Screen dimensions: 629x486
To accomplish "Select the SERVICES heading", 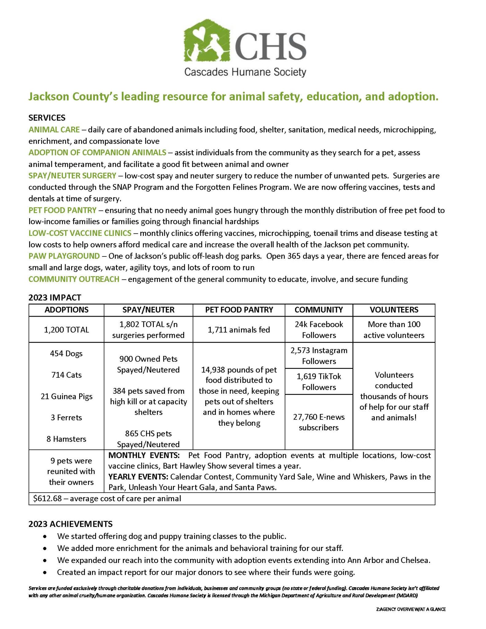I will [x=47, y=118].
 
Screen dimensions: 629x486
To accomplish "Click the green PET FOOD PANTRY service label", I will [x=62, y=210].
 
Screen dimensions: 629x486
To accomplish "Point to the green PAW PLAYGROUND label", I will [x=64, y=256].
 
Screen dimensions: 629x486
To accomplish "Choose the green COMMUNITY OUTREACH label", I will [x=74, y=279].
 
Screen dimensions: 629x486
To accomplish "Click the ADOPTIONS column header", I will [x=67, y=310].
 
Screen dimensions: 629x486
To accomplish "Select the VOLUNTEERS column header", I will [x=394, y=310].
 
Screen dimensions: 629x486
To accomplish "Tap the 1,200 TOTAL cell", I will [x=67, y=330].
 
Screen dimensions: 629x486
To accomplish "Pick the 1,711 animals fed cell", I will [x=239, y=330].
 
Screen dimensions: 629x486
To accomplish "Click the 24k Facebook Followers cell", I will [x=319, y=330].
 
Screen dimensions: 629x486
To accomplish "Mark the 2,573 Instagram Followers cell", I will [x=319, y=356].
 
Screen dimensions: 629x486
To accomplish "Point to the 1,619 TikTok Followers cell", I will [x=319, y=381].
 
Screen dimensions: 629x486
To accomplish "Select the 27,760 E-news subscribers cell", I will [x=319, y=422].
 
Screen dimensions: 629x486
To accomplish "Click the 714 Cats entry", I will [x=67, y=375].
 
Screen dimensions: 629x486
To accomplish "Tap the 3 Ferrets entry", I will [x=67, y=417].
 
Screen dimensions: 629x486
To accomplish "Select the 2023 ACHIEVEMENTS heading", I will [x=70, y=524].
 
